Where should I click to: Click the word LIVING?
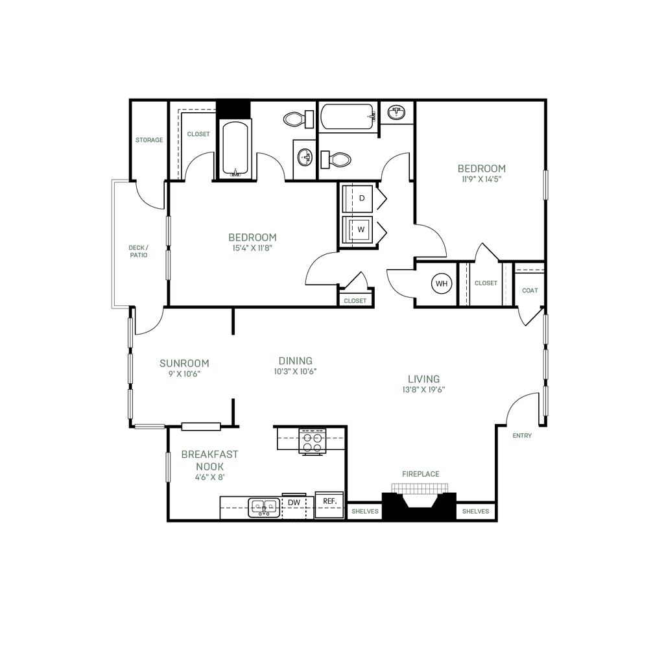(x=424, y=379)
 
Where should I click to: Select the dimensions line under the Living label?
(x=423, y=390)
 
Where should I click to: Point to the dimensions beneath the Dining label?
(x=294, y=372)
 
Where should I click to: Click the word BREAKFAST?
(x=209, y=455)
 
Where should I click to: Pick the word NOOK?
(x=209, y=466)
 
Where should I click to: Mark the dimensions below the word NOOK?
(x=209, y=477)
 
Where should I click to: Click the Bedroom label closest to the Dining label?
(x=252, y=237)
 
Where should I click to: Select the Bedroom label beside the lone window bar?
(x=481, y=169)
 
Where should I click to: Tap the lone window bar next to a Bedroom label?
(x=545, y=185)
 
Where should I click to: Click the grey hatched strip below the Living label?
(x=420, y=488)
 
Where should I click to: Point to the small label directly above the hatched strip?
(x=421, y=474)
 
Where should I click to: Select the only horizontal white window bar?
(x=150, y=427)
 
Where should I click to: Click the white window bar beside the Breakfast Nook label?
(x=168, y=468)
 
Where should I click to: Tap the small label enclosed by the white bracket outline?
(x=139, y=250)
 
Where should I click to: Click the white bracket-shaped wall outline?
(x=115, y=243)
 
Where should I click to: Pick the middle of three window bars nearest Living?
(x=545, y=364)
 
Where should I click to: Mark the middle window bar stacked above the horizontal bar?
(x=131, y=367)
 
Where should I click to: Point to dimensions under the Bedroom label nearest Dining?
(x=252, y=248)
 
